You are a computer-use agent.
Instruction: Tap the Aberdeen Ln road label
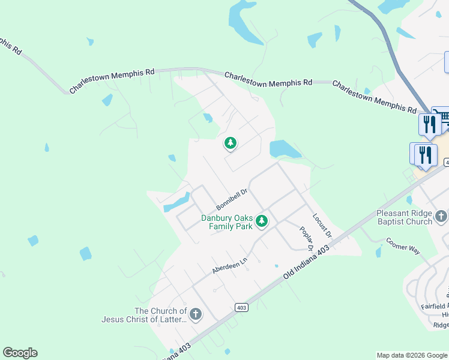(x=229, y=263)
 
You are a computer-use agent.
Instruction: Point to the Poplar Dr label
(x=306, y=238)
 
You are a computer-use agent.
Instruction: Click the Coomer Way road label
(x=402, y=247)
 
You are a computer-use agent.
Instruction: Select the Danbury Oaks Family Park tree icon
(x=261, y=221)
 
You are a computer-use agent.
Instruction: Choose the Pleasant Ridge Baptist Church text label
(x=404, y=217)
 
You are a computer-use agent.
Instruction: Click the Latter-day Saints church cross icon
(x=195, y=314)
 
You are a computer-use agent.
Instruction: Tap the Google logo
(x=20, y=353)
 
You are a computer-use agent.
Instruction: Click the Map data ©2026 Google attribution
(x=411, y=355)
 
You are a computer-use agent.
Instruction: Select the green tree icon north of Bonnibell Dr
(x=230, y=143)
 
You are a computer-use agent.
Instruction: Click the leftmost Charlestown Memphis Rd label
(x=112, y=81)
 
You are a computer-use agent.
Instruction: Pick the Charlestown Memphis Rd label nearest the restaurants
(x=374, y=98)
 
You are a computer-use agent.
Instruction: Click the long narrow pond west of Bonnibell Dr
(x=176, y=202)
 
